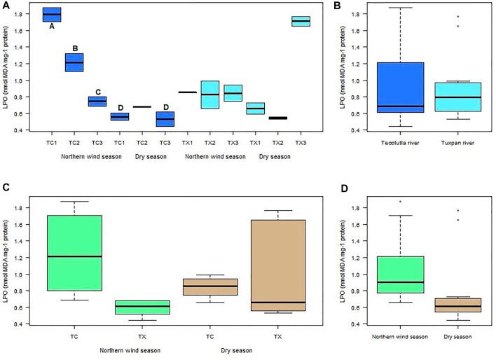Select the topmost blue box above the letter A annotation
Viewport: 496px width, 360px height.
coord(52,14)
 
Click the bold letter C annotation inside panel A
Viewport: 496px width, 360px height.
coord(97,92)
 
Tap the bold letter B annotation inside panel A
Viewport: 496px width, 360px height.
coord(75,48)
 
